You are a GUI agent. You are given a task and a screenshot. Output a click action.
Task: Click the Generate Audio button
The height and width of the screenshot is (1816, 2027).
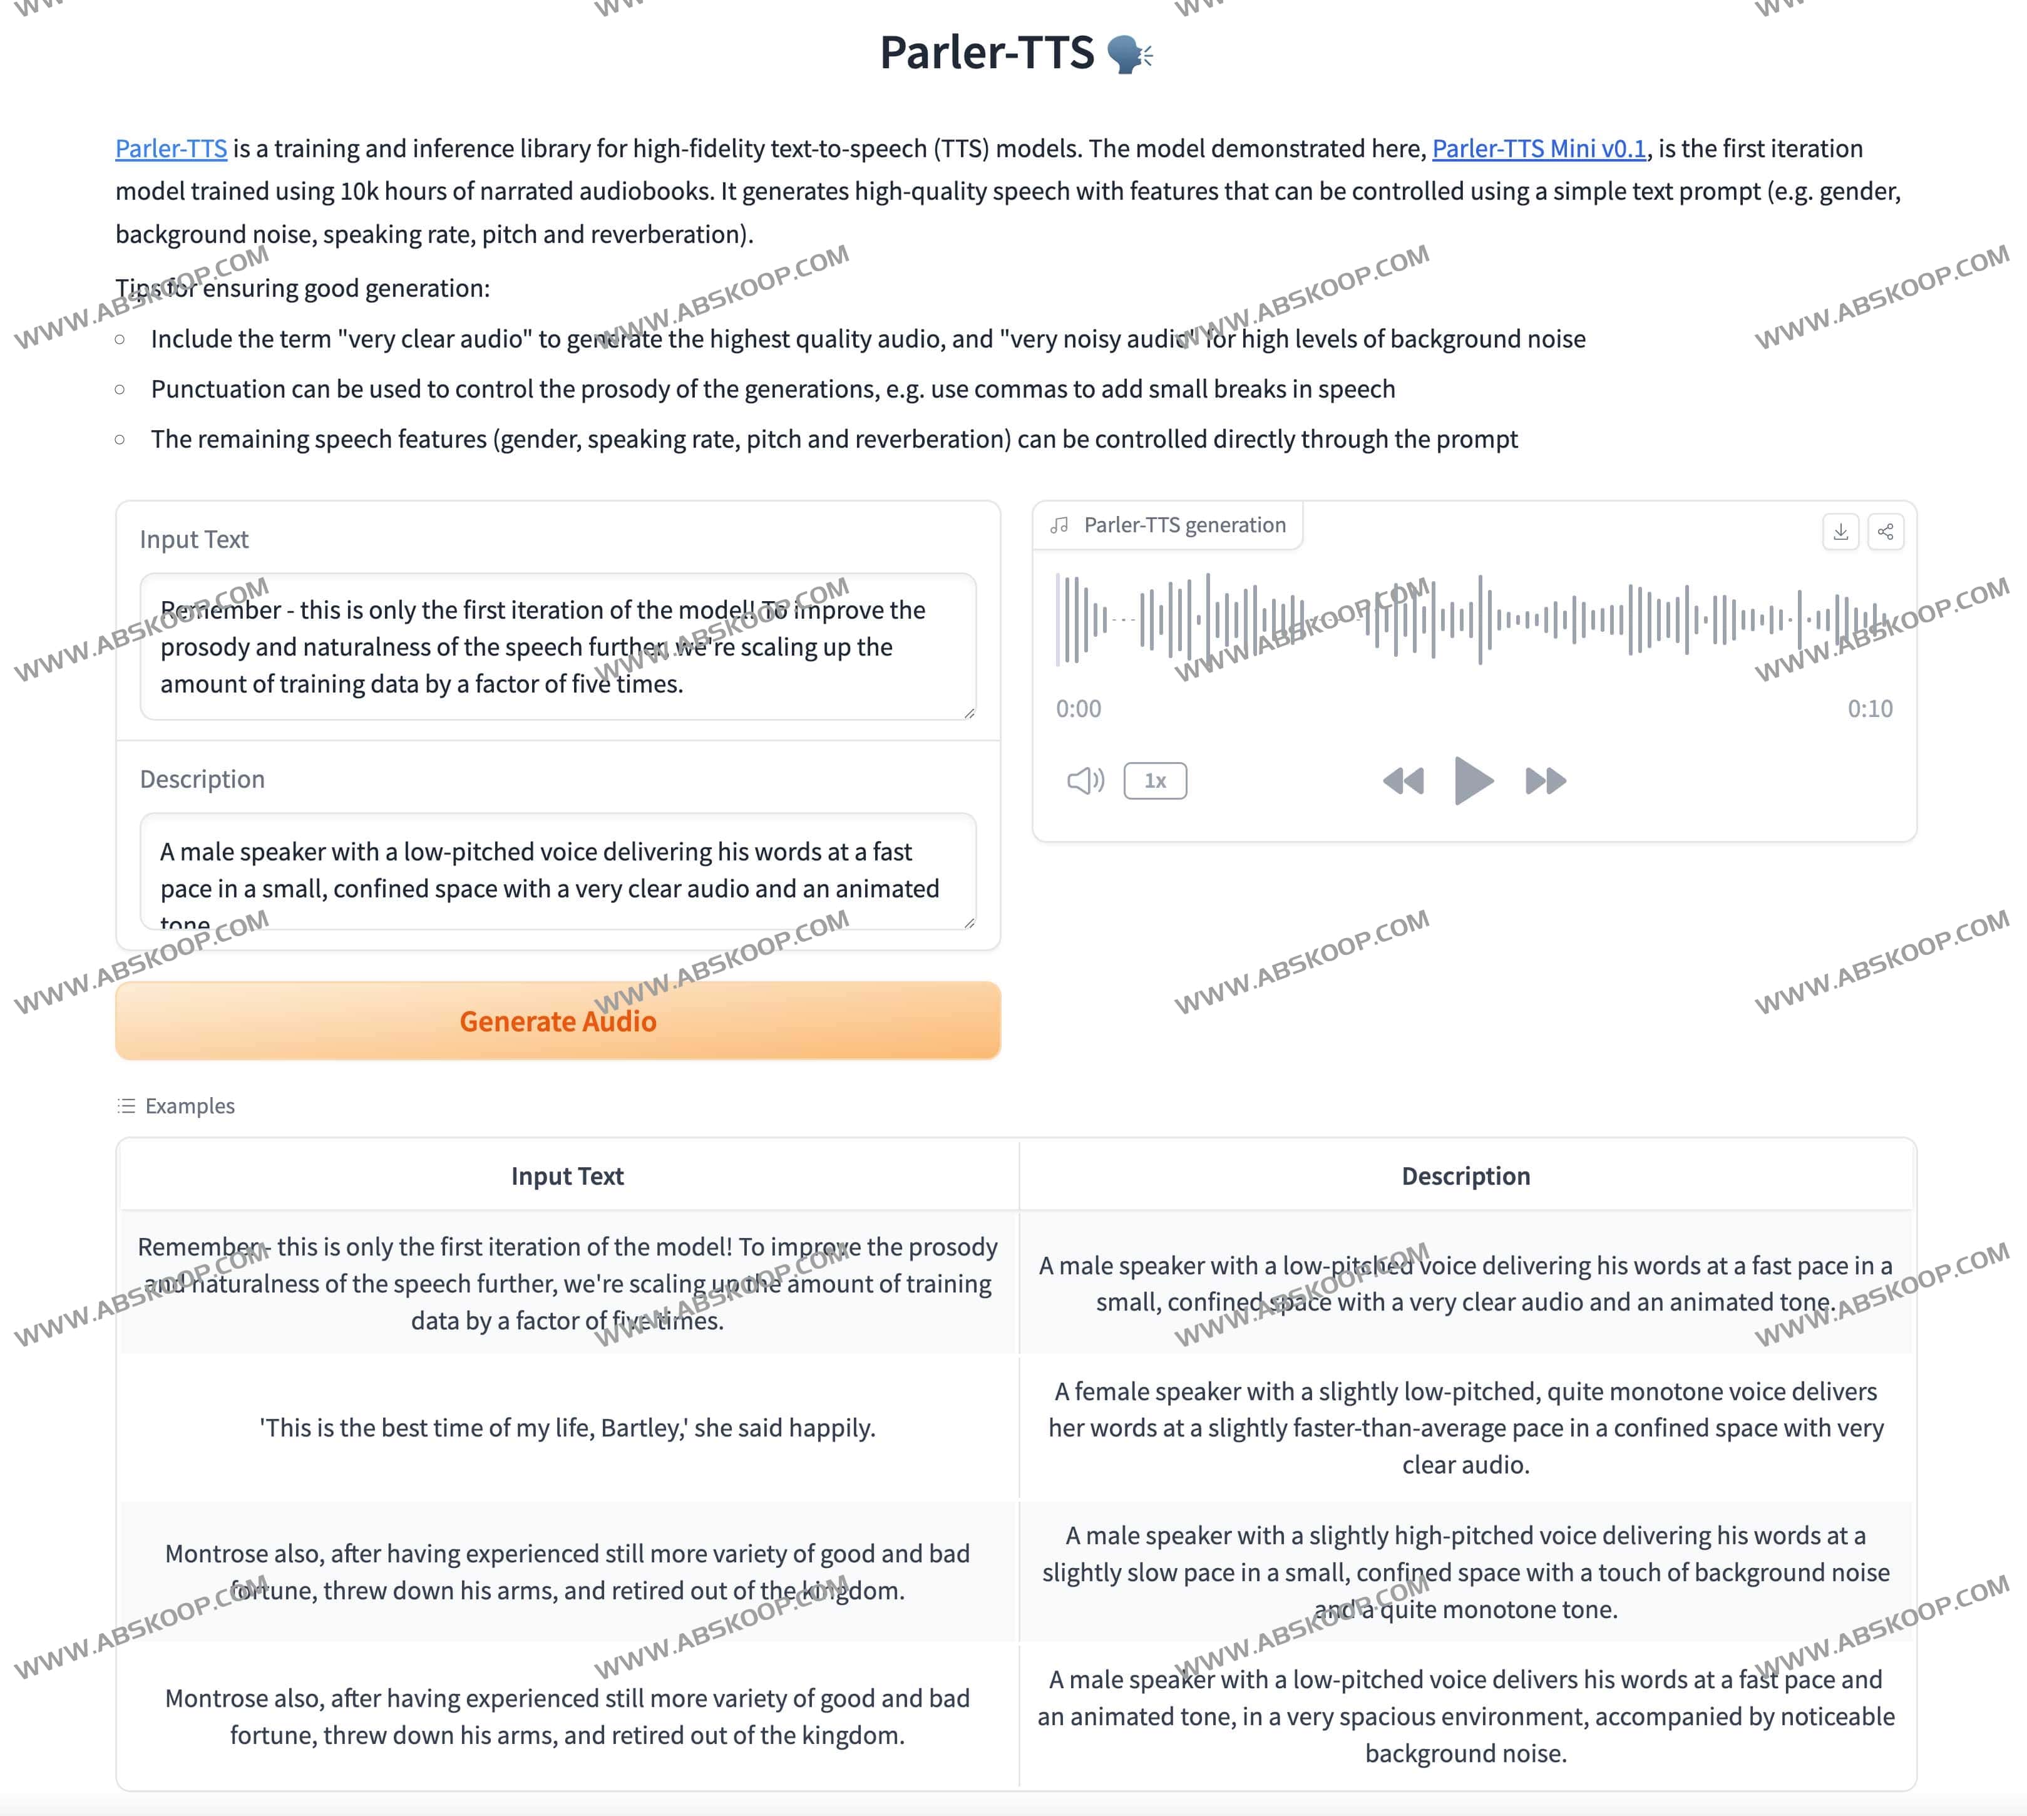pyautogui.click(x=558, y=1021)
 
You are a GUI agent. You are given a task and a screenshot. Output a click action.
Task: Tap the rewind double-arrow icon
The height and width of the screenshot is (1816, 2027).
pyautogui.click(x=1402, y=782)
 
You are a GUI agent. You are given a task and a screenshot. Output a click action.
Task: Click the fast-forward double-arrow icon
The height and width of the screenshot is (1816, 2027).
pyautogui.click(x=1545, y=782)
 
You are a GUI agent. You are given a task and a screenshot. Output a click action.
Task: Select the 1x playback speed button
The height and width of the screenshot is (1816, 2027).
pyautogui.click(x=1154, y=782)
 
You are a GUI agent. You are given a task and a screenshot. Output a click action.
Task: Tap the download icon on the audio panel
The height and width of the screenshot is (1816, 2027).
pyautogui.click(x=1840, y=532)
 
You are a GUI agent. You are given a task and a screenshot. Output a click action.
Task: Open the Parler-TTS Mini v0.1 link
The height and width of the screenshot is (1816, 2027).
pyautogui.click(x=1538, y=148)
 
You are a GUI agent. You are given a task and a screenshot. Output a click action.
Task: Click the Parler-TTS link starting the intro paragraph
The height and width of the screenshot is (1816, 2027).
pyautogui.click(x=170, y=148)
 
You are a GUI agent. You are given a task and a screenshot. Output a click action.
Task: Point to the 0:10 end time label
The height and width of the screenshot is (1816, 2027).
pyautogui.click(x=1869, y=708)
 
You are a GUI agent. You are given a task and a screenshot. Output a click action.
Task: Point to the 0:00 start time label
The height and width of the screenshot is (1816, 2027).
pyautogui.click(x=1079, y=708)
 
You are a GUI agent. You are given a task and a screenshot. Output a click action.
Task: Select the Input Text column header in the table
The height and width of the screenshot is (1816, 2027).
pyautogui.click(x=567, y=1177)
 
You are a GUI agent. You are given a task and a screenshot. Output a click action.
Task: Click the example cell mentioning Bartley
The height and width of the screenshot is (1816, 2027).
pyautogui.click(x=567, y=1428)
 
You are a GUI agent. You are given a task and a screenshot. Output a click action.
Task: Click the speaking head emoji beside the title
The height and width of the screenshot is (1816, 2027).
pyautogui.click(x=1130, y=54)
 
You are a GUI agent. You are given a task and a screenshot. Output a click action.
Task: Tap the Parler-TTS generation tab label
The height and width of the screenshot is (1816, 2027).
pyautogui.click(x=1184, y=525)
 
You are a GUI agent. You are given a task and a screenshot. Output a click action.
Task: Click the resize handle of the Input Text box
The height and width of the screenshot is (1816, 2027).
pyautogui.click(x=968, y=713)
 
